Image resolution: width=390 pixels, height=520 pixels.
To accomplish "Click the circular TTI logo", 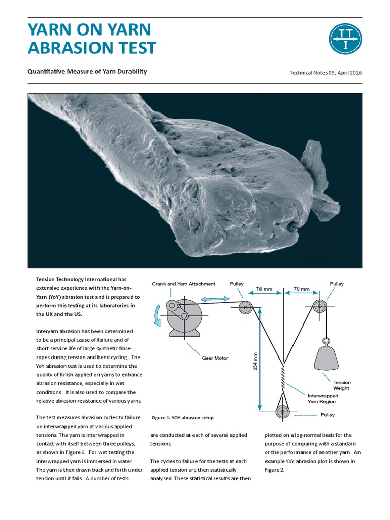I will [x=345, y=39].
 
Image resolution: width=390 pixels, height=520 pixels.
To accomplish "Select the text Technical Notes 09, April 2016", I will [x=326, y=73].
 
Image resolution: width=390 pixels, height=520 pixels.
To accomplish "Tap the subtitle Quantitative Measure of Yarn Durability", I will [x=87, y=72].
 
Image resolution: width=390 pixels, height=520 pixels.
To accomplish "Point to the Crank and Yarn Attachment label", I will [x=184, y=284].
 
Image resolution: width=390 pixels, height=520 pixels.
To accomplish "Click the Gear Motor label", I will [x=215, y=358].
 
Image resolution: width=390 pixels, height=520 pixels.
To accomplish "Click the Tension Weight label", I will [x=342, y=385].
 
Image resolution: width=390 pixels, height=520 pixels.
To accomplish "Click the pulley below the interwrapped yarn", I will [x=282, y=412].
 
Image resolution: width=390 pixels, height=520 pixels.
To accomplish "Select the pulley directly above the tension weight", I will [x=320, y=307].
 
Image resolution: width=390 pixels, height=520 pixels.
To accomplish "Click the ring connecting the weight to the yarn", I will [x=326, y=342].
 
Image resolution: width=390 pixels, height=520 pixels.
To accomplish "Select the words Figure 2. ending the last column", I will [x=275, y=470].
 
